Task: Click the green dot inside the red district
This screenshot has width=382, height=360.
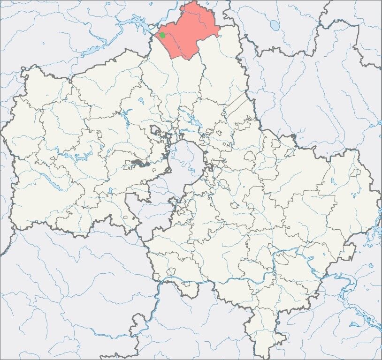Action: coord(162,35)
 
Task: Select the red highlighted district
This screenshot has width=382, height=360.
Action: coord(190,30)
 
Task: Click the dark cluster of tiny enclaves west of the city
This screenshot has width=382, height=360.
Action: coord(138,164)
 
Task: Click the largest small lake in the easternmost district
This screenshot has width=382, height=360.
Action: coord(332,180)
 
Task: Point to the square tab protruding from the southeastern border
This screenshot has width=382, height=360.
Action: coord(348,254)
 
